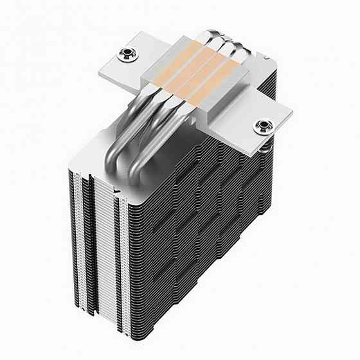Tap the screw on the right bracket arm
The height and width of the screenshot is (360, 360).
(x=264, y=126)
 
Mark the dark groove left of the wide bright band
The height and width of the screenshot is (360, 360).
(x=92, y=257)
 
